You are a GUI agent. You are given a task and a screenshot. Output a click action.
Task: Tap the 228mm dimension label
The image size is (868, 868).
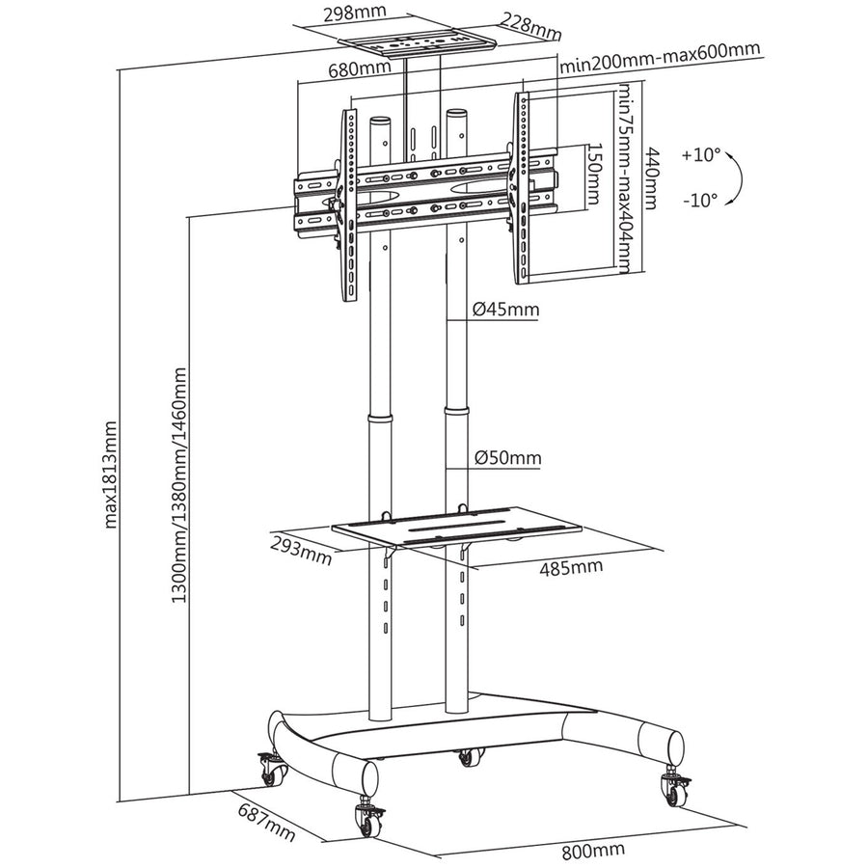(530, 27)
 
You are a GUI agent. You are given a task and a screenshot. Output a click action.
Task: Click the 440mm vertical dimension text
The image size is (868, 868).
(653, 177)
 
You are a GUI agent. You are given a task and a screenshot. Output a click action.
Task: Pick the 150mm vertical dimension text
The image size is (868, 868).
(595, 173)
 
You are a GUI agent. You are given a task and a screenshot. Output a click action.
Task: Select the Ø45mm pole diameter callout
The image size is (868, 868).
(506, 310)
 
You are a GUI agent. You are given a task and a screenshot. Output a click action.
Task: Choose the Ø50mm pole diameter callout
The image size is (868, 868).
(507, 458)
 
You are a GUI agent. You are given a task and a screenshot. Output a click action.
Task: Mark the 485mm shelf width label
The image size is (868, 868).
(571, 566)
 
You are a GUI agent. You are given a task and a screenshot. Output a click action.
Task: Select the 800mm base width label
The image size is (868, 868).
(594, 850)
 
